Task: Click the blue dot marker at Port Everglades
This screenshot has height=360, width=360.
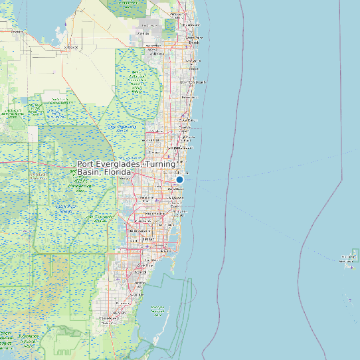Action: pyautogui.click(x=179, y=179)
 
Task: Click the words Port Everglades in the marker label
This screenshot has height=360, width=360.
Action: pyautogui.click(x=109, y=164)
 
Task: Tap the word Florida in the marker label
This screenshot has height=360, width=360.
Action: pyautogui.click(x=116, y=172)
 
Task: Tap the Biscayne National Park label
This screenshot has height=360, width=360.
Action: pyautogui.click(x=158, y=310)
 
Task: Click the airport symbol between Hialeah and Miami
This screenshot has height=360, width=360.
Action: pyautogui.click(x=147, y=246)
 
